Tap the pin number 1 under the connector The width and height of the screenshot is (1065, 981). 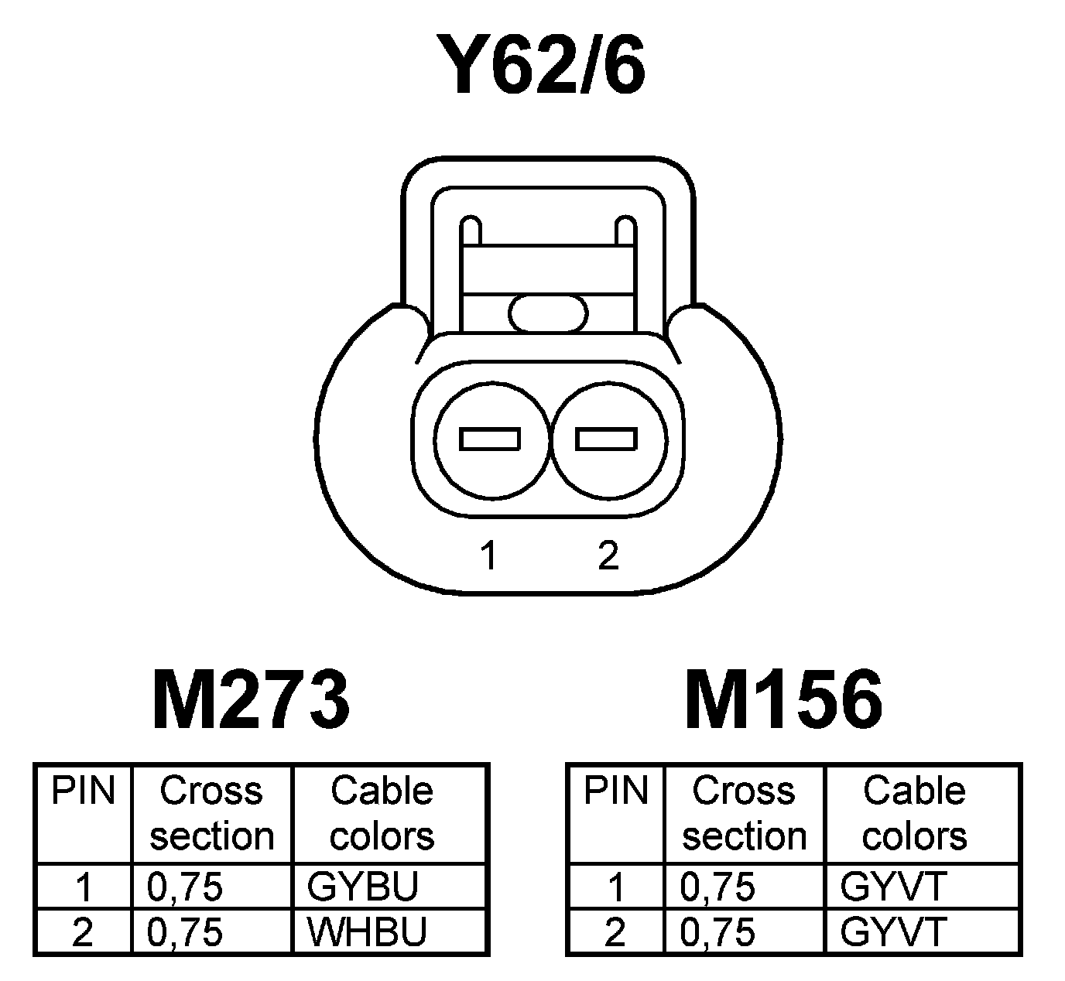(488, 555)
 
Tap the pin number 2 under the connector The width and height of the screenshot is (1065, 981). (608, 555)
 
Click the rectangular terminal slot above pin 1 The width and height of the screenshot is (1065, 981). (490, 439)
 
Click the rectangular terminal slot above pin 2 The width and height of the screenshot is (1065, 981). (607, 439)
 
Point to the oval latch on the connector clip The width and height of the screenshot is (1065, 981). (549, 313)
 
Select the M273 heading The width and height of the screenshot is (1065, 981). (251, 700)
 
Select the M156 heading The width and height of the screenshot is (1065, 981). (783, 700)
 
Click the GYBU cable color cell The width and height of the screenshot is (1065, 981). (362, 887)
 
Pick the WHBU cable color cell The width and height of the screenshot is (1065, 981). (367, 932)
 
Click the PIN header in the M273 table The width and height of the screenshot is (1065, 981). (83, 791)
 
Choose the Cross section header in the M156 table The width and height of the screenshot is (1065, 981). (744, 813)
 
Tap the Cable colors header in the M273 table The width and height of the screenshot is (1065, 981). (382, 813)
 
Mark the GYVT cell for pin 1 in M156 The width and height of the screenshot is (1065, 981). (893, 887)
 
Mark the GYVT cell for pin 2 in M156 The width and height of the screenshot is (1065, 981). (893, 932)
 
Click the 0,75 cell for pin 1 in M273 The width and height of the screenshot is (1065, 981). (185, 887)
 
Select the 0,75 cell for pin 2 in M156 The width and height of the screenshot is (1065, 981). (717, 932)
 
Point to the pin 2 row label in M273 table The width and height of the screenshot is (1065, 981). (82, 932)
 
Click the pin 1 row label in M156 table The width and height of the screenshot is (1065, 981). (615, 887)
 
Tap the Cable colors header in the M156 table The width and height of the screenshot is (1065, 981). (914, 813)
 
